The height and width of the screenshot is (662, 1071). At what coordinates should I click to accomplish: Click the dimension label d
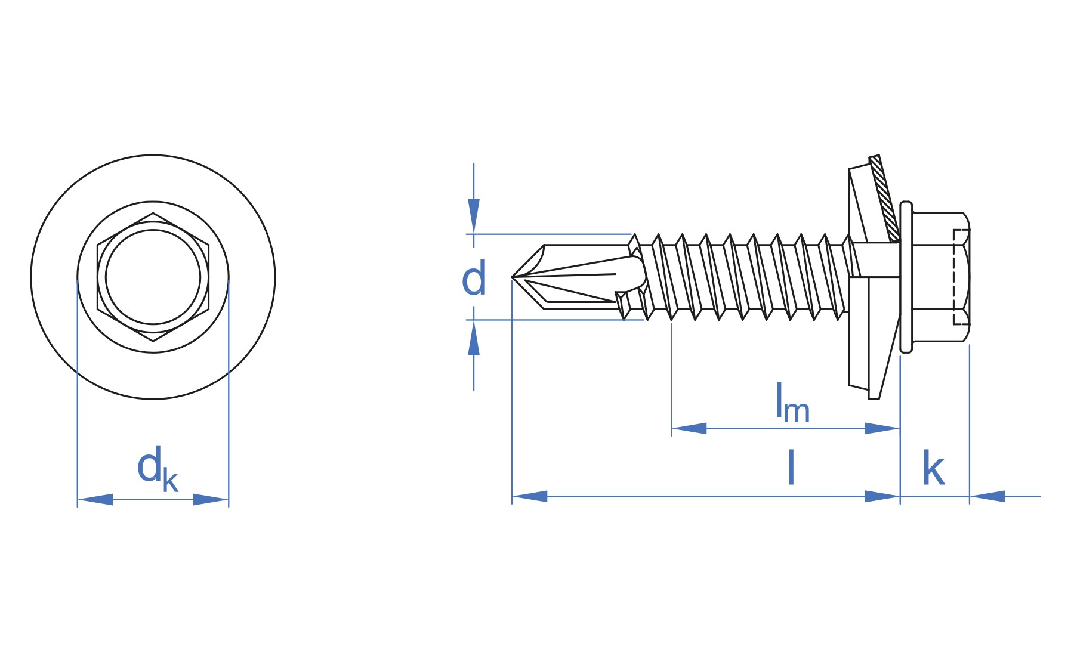pyautogui.click(x=474, y=279)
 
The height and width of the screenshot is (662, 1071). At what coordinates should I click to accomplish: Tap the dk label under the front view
pyautogui.click(x=158, y=469)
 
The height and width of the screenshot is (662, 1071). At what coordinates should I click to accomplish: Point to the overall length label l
pyautogui.click(x=791, y=468)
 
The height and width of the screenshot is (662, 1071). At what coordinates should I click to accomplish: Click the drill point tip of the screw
pyautogui.click(x=513, y=277)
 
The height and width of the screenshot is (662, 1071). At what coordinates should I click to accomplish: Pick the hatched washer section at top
pyautogui.click(x=884, y=199)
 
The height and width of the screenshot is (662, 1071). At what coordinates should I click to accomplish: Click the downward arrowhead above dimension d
pyautogui.click(x=474, y=215)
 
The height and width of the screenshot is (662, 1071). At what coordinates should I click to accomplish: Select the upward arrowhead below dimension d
pyautogui.click(x=474, y=338)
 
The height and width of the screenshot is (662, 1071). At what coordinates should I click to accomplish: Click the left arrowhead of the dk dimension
pyautogui.click(x=95, y=499)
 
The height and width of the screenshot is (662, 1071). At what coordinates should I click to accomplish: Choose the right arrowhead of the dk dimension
pyautogui.click(x=211, y=499)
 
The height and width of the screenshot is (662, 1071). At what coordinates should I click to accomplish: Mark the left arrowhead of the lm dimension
pyautogui.click(x=689, y=428)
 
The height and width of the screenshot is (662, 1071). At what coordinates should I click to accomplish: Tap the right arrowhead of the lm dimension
pyautogui.click(x=882, y=428)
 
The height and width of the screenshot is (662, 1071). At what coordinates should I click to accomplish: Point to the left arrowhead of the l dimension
pyautogui.click(x=530, y=496)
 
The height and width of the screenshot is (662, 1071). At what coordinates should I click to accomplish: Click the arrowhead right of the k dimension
pyautogui.click(x=987, y=496)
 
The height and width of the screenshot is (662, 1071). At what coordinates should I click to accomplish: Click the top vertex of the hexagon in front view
pyautogui.click(x=153, y=213)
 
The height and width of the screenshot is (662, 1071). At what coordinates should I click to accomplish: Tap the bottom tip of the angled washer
pyautogui.click(x=874, y=398)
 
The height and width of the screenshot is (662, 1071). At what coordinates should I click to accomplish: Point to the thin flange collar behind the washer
pyautogui.click(x=906, y=277)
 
